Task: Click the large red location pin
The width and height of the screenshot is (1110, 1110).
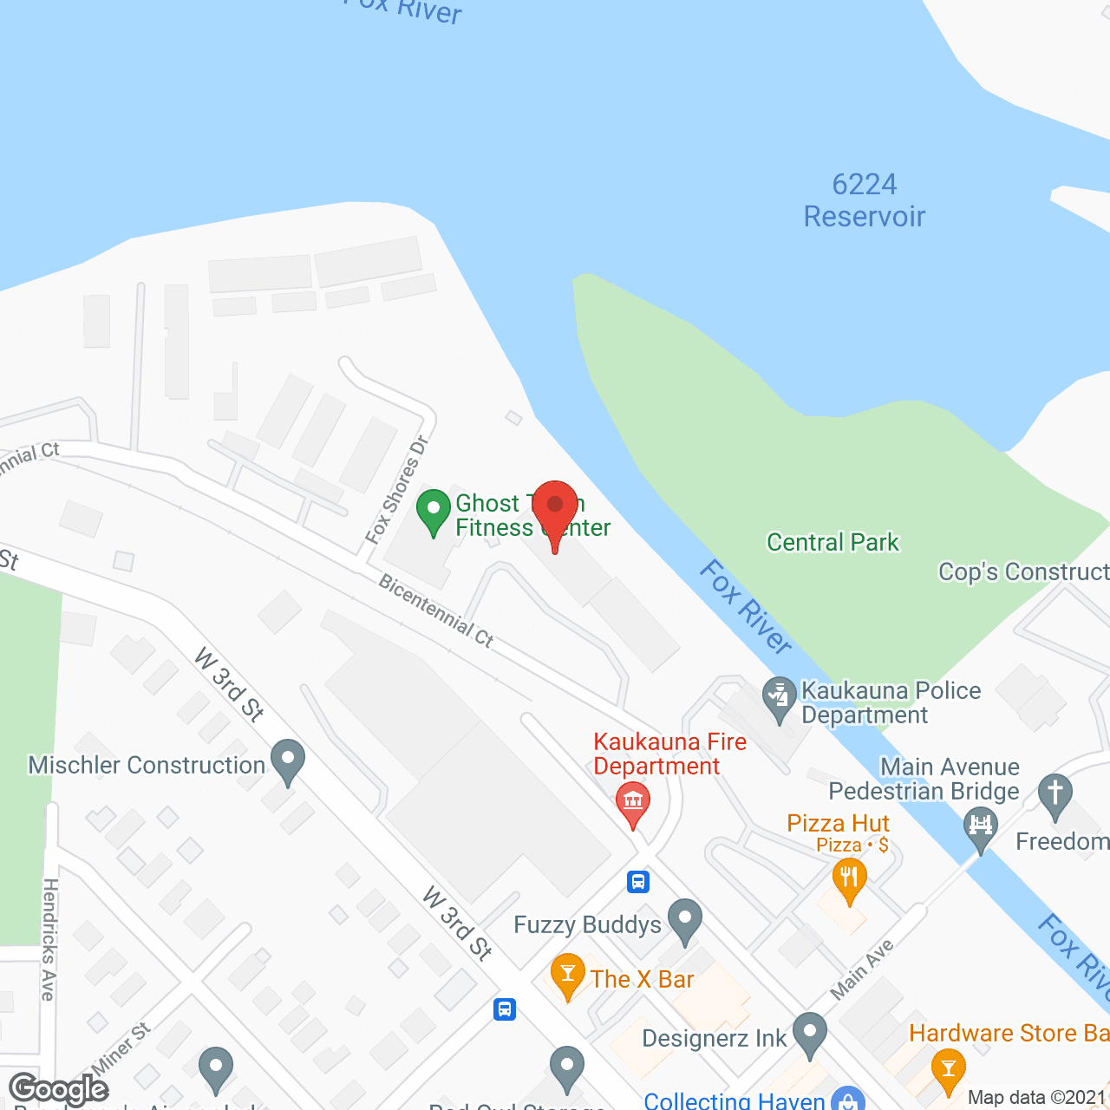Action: pyautogui.click(x=555, y=508)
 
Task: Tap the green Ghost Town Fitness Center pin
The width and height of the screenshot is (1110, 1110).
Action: pyautogui.click(x=434, y=511)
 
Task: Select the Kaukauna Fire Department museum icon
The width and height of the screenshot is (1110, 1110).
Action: pyautogui.click(x=633, y=802)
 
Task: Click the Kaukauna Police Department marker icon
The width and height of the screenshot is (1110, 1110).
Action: pyautogui.click(x=780, y=697)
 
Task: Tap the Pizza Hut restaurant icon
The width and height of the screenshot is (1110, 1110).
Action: pyautogui.click(x=850, y=878)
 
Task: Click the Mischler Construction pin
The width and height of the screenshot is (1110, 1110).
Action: pyautogui.click(x=288, y=761)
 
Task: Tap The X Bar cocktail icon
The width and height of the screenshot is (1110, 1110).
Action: pyautogui.click(x=568, y=975)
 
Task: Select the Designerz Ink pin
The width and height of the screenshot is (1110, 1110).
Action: pyautogui.click(x=810, y=1034)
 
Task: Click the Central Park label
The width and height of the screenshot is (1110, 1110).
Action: pyautogui.click(x=832, y=543)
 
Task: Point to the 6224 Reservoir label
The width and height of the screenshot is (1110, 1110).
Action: pyautogui.click(x=865, y=200)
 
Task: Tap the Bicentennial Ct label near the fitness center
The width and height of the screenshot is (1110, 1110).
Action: pyautogui.click(x=436, y=611)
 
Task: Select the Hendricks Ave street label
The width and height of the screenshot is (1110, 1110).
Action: pyautogui.click(x=49, y=939)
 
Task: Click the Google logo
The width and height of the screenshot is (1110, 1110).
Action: pyautogui.click(x=59, y=1089)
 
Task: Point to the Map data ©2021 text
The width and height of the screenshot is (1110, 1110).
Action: pyautogui.click(x=1037, y=1098)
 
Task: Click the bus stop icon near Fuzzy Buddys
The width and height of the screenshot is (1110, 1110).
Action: pyautogui.click(x=638, y=882)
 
